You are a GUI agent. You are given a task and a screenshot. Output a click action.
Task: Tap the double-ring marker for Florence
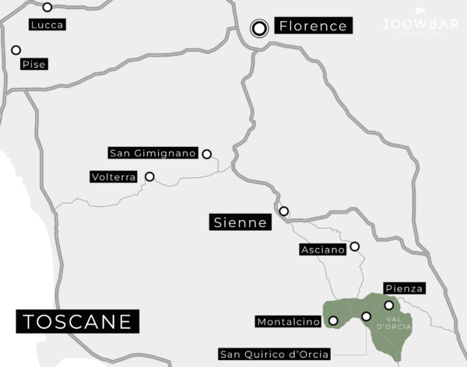tap(260, 29)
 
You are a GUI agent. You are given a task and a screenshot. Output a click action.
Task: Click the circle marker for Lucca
tap(47, 7)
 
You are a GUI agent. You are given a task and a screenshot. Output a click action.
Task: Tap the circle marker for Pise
tap(16, 50)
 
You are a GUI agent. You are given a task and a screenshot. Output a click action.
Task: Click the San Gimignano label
tap(154, 152)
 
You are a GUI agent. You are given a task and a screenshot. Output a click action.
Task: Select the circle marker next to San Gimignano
tap(206, 154)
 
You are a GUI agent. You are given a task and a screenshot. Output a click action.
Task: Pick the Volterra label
tap(114, 177)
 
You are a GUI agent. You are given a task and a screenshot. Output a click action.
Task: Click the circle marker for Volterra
tap(149, 177)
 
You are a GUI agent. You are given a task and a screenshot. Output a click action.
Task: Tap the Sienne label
tap(240, 223)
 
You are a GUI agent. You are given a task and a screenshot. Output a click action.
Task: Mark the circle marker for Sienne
tap(284, 211)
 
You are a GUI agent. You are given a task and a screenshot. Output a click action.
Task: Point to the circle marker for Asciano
tap(354, 246)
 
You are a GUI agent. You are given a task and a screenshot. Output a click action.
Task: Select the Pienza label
tap(404, 288)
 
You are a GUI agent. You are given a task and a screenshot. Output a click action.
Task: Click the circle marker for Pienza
tap(389, 306)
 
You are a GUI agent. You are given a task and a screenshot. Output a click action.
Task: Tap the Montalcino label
tap(289, 321)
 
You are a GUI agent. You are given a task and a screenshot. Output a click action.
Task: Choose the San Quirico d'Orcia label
tap(275, 355)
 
